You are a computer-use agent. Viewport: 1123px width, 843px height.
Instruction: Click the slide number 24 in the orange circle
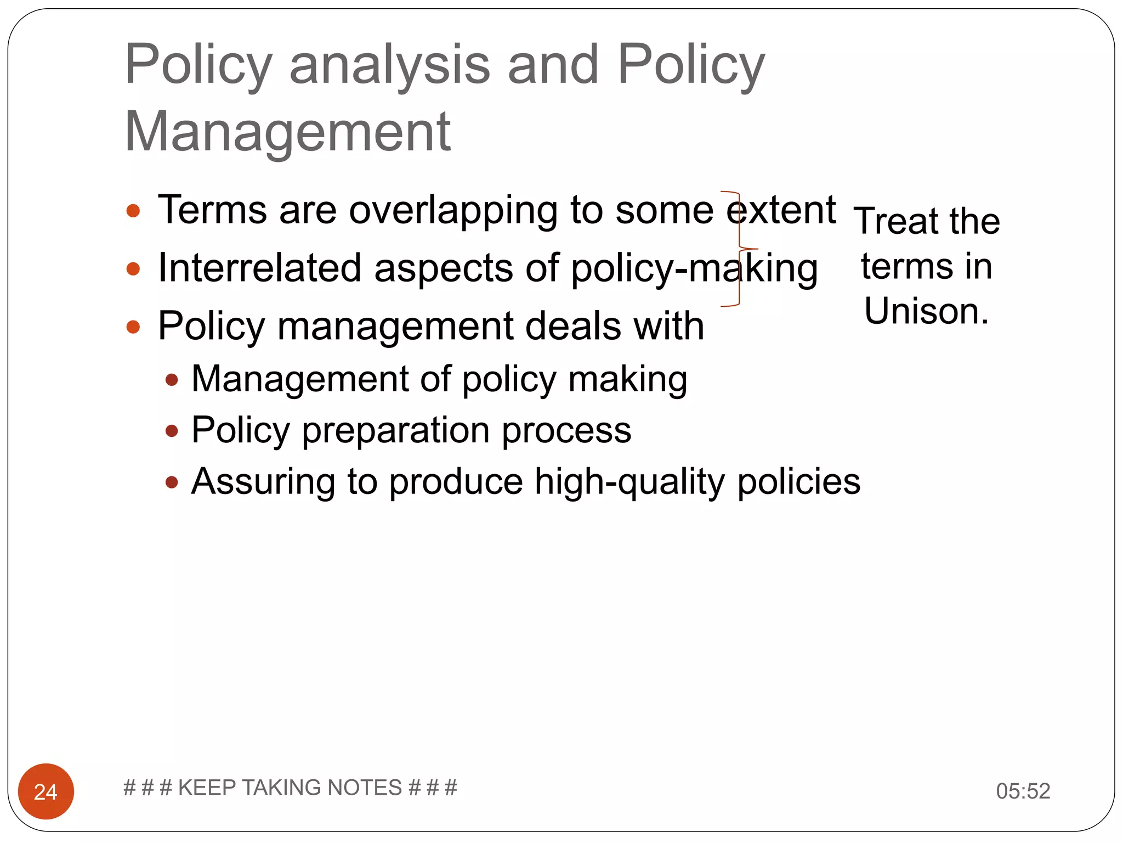point(46,791)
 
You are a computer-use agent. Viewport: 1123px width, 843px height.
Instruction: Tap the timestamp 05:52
point(1023,791)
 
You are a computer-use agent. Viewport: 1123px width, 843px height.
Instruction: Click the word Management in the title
point(287,132)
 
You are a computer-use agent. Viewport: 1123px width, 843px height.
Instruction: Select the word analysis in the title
point(389,65)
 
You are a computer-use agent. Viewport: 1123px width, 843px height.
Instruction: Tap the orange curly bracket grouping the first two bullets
point(739,249)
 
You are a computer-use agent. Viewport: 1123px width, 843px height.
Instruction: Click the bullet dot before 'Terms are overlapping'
point(133,211)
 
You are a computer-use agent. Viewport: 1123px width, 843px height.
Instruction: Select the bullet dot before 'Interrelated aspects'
point(133,269)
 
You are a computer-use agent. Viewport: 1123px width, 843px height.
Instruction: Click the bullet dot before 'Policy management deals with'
point(133,327)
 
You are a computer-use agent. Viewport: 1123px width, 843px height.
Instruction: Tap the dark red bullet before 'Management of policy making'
point(172,380)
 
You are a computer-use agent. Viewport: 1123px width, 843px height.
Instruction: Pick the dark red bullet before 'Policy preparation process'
point(172,431)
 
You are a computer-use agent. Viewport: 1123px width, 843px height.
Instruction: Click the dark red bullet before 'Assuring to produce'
point(172,482)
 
